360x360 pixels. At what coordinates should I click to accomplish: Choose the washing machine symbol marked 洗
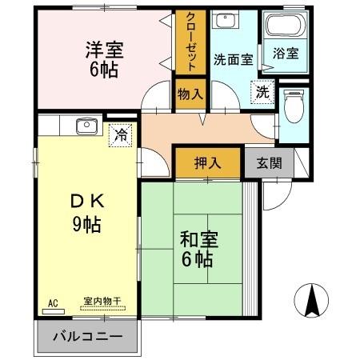263,92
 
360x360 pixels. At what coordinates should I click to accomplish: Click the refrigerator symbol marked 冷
120,134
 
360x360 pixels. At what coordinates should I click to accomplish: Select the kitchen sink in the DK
85,125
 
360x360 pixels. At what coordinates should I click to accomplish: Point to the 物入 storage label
190,94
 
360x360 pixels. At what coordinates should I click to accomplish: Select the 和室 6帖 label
194,249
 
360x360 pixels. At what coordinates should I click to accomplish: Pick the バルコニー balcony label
87,335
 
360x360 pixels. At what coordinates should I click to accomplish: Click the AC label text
54,302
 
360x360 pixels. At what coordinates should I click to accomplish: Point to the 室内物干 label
102,302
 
